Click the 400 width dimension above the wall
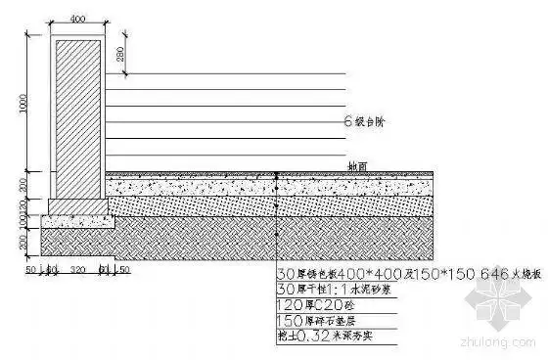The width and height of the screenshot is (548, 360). pos(78,19)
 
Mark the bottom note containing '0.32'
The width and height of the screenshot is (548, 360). pos(324,337)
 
